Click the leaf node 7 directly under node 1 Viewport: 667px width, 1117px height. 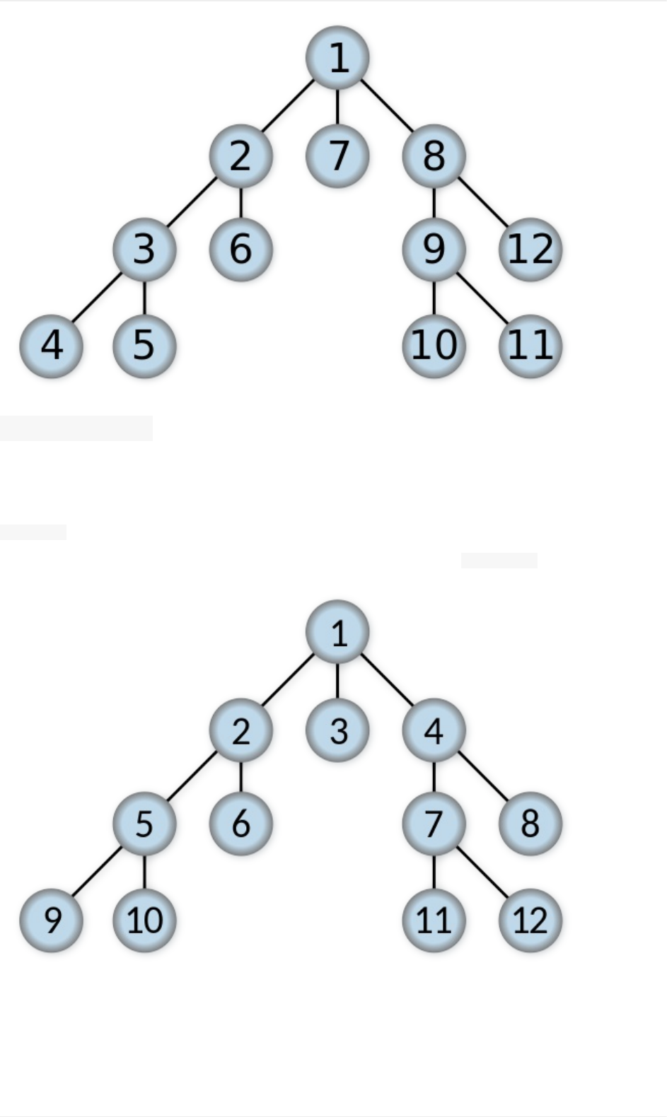point(337,156)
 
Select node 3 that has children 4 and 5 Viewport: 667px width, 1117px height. point(144,250)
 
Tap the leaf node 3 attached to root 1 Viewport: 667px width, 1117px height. point(337,730)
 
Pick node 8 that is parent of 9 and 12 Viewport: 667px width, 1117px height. point(434,156)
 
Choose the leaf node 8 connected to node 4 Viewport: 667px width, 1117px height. point(530,824)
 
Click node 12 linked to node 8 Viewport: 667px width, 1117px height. point(530,250)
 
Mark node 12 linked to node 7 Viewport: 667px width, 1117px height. point(530,920)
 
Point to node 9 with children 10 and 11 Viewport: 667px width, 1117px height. point(434,250)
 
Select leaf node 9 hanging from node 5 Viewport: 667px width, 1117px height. point(51,920)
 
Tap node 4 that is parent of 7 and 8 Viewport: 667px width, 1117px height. point(434,730)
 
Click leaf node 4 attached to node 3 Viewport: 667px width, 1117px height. point(51,346)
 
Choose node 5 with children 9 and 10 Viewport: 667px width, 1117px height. point(144,824)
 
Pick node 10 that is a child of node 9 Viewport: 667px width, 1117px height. point(434,346)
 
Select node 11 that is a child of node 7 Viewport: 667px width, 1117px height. point(434,920)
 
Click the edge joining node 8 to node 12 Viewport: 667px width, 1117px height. point(482,203)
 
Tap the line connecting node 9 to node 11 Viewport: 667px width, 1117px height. point(482,298)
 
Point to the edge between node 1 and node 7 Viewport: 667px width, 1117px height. point(337,106)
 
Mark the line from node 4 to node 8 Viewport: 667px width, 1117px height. point(482,777)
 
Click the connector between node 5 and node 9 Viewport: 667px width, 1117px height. point(98,872)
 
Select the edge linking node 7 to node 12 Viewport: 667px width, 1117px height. point(482,872)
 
